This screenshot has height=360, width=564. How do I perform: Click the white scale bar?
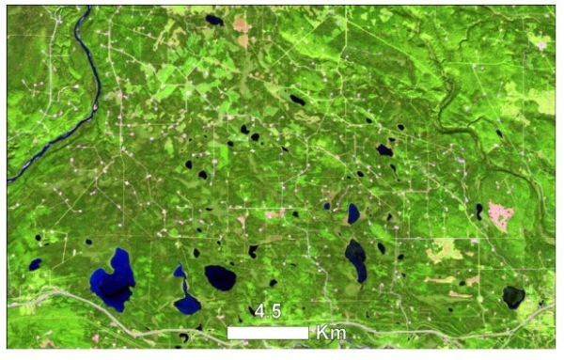(268, 333)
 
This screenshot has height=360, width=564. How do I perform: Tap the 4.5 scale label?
(268, 311)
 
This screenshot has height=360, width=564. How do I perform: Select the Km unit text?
(328, 332)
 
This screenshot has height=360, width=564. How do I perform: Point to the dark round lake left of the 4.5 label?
(221, 278)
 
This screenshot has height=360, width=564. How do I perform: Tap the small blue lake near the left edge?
(37, 265)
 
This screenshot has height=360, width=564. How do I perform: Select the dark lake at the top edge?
(215, 20)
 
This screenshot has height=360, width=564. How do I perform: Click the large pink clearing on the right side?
(498, 215)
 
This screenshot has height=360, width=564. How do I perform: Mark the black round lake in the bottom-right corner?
(512, 297)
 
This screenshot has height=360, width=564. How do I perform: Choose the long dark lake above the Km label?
(356, 260)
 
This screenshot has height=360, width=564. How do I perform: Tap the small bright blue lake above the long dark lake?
(353, 213)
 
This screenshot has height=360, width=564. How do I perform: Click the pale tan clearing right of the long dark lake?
(444, 251)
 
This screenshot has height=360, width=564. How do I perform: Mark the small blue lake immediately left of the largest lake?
(37, 265)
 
